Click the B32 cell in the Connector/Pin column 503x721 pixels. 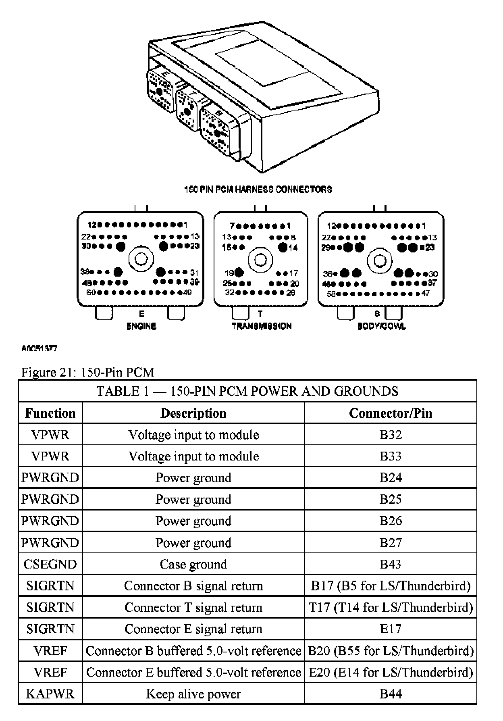(390, 434)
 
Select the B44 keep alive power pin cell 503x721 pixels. (390, 694)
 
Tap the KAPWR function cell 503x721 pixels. (50, 694)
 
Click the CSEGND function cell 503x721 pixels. (50, 564)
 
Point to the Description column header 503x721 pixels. (193, 413)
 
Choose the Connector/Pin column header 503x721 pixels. (390, 413)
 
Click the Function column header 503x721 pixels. (50, 413)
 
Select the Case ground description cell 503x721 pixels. (193, 564)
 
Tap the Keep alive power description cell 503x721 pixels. (193, 694)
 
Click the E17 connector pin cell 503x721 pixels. (390, 629)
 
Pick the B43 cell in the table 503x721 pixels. (390, 564)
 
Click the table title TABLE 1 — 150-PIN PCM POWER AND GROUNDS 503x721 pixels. (247, 391)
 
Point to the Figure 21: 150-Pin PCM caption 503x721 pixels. (87, 372)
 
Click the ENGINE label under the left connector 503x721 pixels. (141, 326)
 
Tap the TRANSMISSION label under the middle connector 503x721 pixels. (262, 326)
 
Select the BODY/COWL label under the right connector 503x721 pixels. (381, 326)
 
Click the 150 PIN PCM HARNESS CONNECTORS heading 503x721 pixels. (258, 189)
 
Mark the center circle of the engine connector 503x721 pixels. (141, 258)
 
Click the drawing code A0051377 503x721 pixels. (39, 348)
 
